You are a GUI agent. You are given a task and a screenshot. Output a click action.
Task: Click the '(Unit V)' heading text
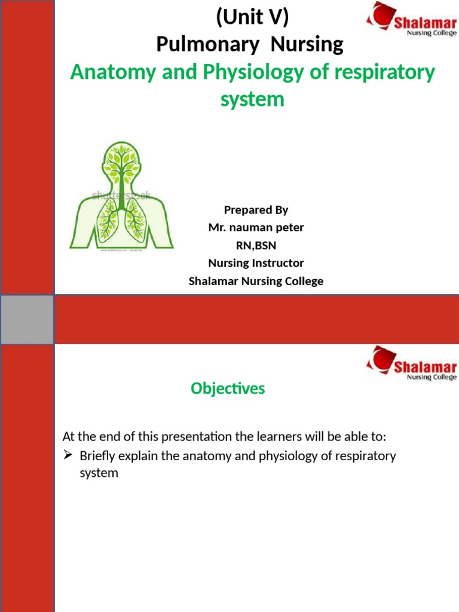[252, 19]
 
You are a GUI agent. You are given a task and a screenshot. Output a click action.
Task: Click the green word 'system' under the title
[252, 99]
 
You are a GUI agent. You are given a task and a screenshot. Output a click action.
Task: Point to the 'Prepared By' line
[256, 210]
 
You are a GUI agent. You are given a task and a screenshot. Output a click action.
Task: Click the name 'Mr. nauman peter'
[256, 228]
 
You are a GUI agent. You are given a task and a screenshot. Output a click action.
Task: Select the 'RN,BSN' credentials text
[256, 245]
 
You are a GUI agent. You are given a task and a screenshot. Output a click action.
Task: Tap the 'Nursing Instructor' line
[256, 263]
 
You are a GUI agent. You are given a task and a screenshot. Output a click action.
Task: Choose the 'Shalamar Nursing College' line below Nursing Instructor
[256, 281]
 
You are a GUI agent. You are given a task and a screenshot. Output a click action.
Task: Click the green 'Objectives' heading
[228, 388]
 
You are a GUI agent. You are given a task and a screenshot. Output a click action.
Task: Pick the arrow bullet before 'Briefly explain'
[68, 456]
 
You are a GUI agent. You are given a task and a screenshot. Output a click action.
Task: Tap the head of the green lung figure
[122, 158]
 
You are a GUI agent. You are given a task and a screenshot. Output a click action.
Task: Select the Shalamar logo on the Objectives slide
[411, 364]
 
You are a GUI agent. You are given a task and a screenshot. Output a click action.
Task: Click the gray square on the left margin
[27, 320]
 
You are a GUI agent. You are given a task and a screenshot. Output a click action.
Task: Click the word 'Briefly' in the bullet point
[98, 456]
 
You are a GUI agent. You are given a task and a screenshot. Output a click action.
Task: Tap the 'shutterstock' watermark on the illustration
[121, 195]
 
